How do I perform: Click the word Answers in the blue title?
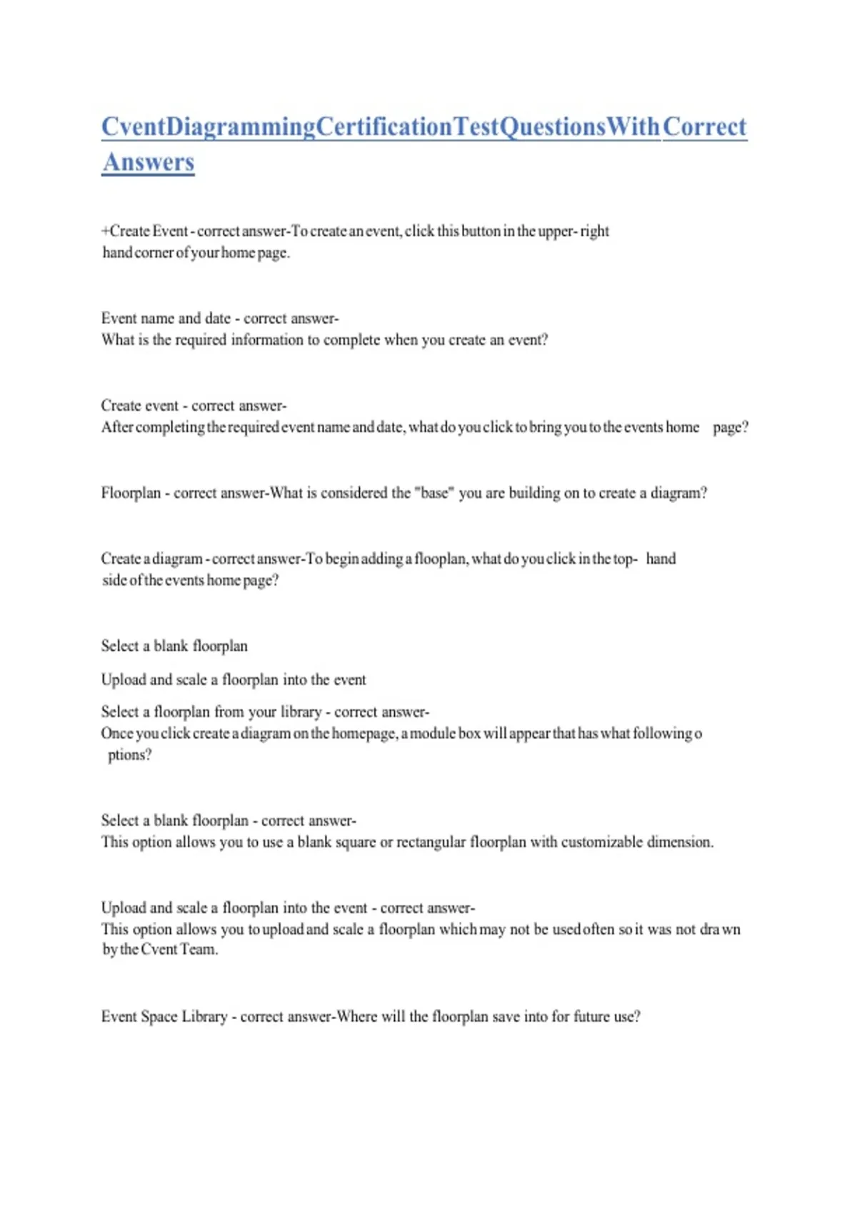coord(148,162)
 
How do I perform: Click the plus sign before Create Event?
coord(105,231)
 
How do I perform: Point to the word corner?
coord(154,253)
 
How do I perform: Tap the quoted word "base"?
coord(433,493)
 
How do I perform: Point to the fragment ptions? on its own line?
coord(129,755)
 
